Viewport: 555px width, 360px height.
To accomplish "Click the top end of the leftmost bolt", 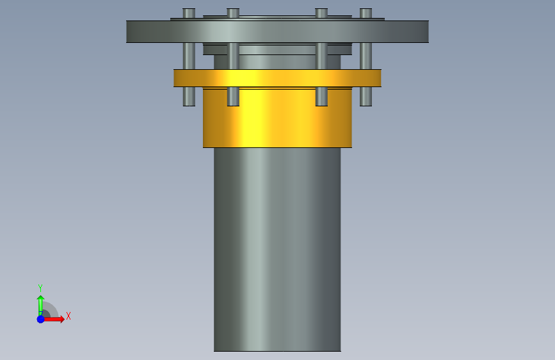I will click(x=189, y=10).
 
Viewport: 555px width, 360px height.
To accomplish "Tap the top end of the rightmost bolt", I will click(x=366, y=10).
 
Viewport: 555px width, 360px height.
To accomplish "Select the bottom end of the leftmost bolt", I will click(x=189, y=104).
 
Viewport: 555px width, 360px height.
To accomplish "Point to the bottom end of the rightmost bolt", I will click(x=366, y=104).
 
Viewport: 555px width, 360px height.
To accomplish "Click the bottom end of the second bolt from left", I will click(x=233, y=104).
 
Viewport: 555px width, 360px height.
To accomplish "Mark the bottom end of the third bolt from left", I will click(x=321, y=104).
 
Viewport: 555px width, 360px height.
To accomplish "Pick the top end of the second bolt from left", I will click(x=233, y=10).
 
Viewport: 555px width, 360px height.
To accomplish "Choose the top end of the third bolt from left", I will click(x=321, y=10).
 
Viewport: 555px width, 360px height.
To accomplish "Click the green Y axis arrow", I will click(x=40, y=304).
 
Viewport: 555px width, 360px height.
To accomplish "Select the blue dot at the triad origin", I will click(x=40, y=319).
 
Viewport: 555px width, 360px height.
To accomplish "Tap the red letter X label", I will click(x=68, y=316).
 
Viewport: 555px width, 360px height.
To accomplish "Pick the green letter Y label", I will click(x=40, y=288).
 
